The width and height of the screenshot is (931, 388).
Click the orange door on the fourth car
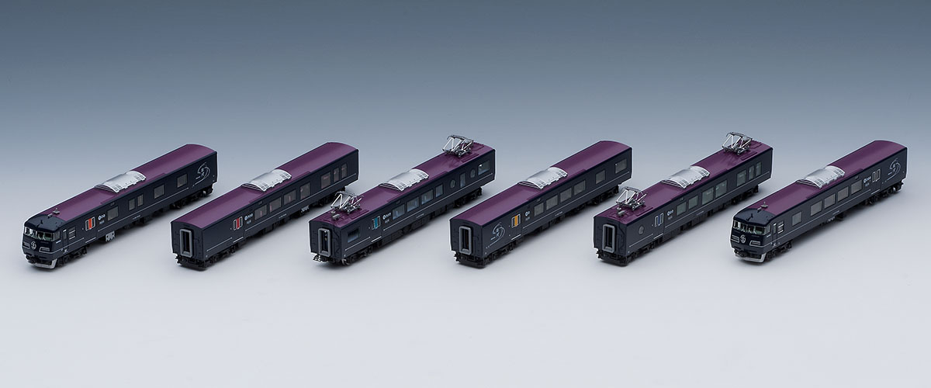point(514,223)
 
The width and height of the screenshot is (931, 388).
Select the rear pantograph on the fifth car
point(737,141)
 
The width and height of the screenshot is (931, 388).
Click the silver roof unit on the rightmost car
point(822,175)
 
